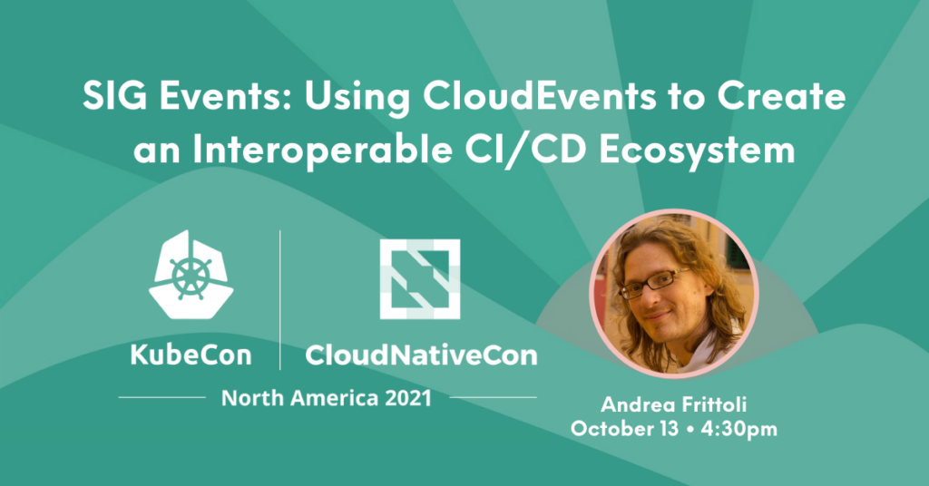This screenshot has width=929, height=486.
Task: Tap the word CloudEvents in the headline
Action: (x=539, y=96)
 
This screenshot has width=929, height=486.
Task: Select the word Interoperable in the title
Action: (x=322, y=151)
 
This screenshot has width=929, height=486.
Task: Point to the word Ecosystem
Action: (x=697, y=151)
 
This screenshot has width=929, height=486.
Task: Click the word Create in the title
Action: (x=781, y=96)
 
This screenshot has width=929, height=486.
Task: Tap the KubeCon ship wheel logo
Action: (x=191, y=274)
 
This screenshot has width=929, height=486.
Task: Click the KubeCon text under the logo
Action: (x=191, y=355)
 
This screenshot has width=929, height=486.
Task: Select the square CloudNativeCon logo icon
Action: (x=419, y=278)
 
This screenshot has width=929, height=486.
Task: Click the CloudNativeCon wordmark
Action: (x=421, y=355)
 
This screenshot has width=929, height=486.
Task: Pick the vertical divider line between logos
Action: (x=279, y=299)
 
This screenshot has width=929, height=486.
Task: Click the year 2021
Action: (x=408, y=398)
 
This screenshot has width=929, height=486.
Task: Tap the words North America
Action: (x=299, y=398)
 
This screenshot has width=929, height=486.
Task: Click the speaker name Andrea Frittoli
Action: (x=674, y=405)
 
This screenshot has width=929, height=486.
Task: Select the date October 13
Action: (x=624, y=429)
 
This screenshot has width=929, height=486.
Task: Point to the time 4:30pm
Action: (x=738, y=429)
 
